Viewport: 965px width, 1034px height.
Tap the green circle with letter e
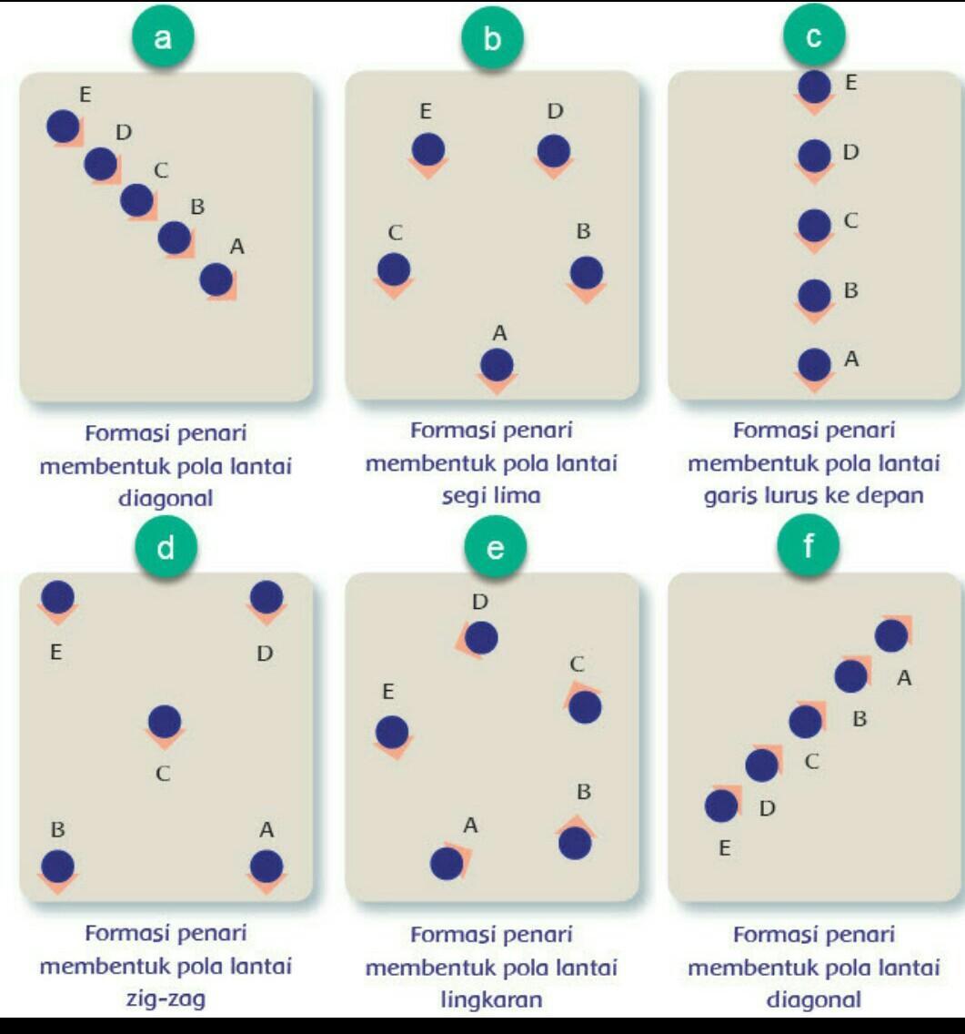(x=494, y=547)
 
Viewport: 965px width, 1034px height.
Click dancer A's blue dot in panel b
(x=497, y=365)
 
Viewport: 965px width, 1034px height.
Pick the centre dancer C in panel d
(x=165, y=721)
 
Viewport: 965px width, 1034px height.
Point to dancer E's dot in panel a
(x=63, y=126)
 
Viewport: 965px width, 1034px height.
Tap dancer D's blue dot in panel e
(x=480, y=638)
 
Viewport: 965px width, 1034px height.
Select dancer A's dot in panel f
(x=891, y=635)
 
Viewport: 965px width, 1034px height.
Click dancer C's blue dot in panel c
(x=815, y=224)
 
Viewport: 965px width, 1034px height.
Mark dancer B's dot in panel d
(x=57, y=866)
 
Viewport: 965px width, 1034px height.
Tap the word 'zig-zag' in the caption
(x=165, y=999)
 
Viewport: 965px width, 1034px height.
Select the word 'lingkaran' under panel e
(x=491, y=999)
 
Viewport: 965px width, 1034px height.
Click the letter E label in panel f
(x=724, y=848)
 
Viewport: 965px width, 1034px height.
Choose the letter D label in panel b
(x=556, y=111)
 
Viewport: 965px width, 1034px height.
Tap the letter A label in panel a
(x=237, y=246)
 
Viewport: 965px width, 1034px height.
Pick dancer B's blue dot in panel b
(x=587, y=271)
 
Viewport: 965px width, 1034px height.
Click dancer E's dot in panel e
(x=392, y=731)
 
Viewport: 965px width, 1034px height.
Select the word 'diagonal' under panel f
(x=814, y=999)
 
